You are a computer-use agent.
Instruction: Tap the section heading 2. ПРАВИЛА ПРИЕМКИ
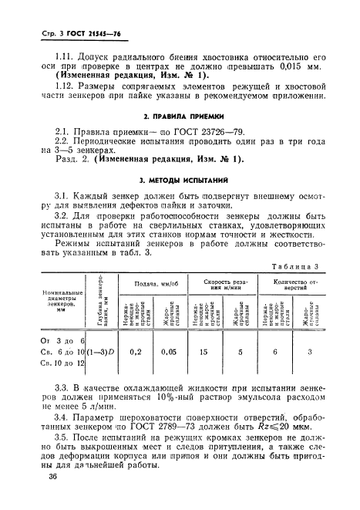tap(181, 119)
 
